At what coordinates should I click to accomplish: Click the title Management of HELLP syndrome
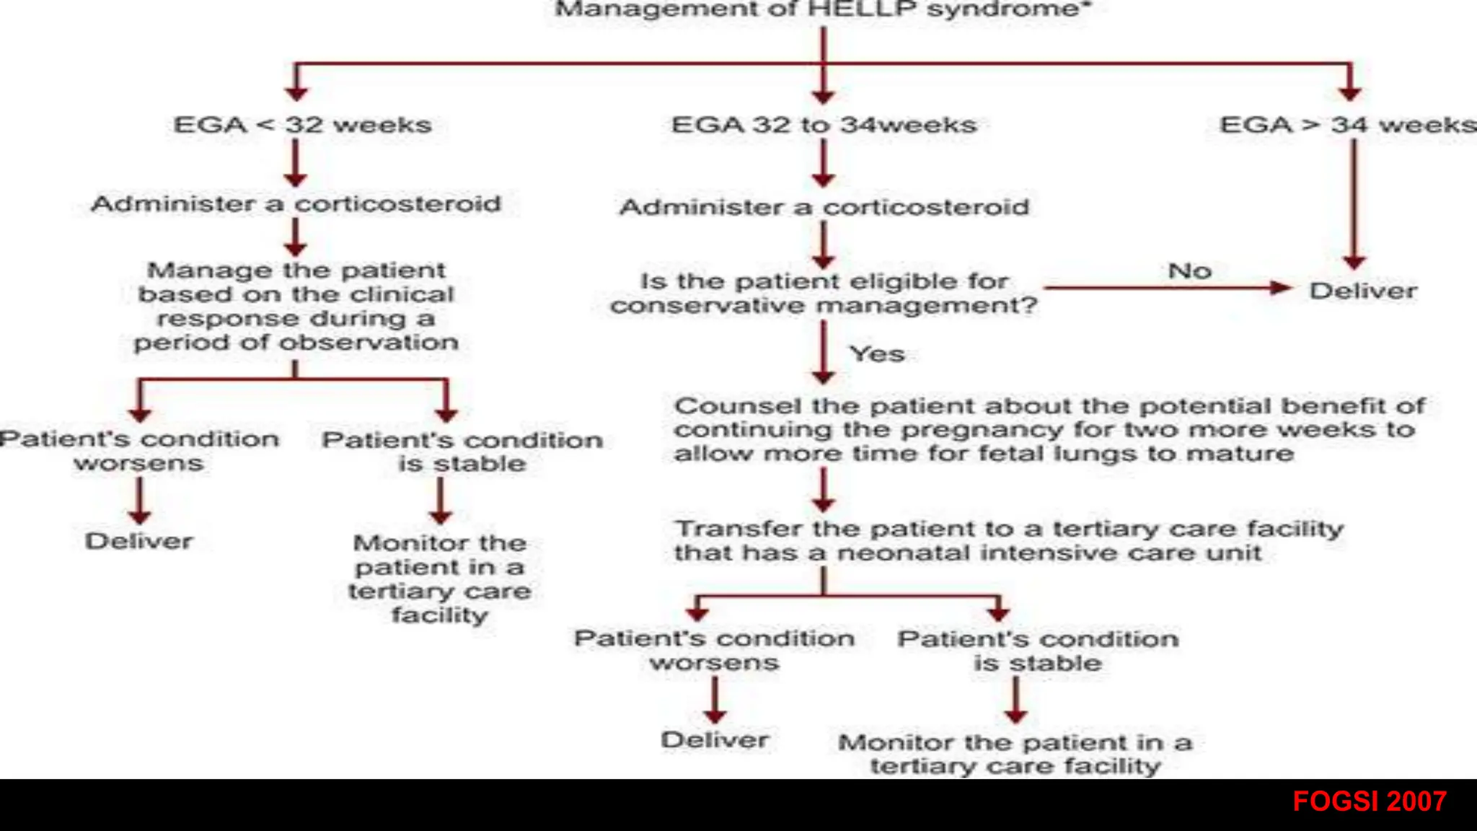pos(823,9)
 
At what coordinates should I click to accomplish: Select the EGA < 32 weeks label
pos(302,125)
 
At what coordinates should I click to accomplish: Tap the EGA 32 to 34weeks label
pos(824,125)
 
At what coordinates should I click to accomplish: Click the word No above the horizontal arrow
pos(1189,271)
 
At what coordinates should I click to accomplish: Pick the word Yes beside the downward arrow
pos(877,354)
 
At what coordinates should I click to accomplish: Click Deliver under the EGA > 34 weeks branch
pos(1363,291)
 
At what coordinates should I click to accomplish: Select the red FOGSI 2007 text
pos(1369,801)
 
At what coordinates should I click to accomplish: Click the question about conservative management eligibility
pos(824,294)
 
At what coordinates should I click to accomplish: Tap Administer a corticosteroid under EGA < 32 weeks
pos(296,204)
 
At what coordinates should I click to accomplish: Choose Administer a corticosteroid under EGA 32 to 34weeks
pos(824,208)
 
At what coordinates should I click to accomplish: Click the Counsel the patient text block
pos(1049,430)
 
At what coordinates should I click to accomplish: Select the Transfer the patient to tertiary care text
pos(1008,541)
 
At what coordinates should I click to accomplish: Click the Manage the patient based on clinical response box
pos(296,307)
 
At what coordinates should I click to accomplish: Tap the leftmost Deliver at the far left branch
pos(139,541)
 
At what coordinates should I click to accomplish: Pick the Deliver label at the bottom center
pos(715,740)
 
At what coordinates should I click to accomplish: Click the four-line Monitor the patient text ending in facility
pos(440,579)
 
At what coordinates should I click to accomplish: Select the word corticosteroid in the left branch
pos(397,204)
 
